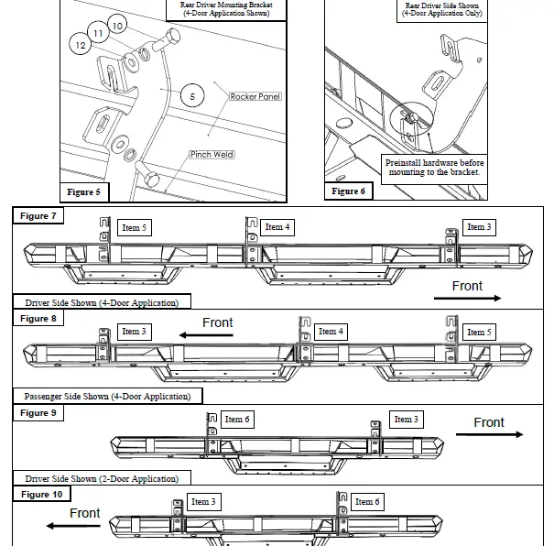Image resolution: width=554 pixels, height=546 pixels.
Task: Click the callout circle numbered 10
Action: [x=117, y=26]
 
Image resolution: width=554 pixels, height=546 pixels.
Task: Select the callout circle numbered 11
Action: [x=98, y=34]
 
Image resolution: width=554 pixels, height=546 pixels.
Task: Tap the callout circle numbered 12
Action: [x=81, y=44]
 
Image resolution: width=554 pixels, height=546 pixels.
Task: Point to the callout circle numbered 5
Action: [x=193, y=95]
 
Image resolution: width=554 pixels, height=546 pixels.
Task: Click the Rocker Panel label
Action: [x=255, y=96]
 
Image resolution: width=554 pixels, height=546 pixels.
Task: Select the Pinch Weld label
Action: [x=212, y=155]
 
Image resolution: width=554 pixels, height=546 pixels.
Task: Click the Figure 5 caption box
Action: [x=84, y=192]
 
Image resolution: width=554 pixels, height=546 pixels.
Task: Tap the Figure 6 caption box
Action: [x=348, y=191]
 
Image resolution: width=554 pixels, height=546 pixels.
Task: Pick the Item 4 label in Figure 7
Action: [x=277, y=227]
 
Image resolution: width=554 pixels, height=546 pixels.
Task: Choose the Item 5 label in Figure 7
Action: [x=134, y=228]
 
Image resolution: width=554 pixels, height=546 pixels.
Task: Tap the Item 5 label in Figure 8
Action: [x=476, y=332]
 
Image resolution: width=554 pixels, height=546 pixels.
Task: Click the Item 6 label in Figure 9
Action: [x=237, y=419]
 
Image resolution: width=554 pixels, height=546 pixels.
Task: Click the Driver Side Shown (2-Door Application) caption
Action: [x=101, y=478]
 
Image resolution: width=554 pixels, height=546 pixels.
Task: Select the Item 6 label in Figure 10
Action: [x=367, y=501]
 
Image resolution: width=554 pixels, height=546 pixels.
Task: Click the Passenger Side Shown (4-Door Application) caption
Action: [x=107, y=397]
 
